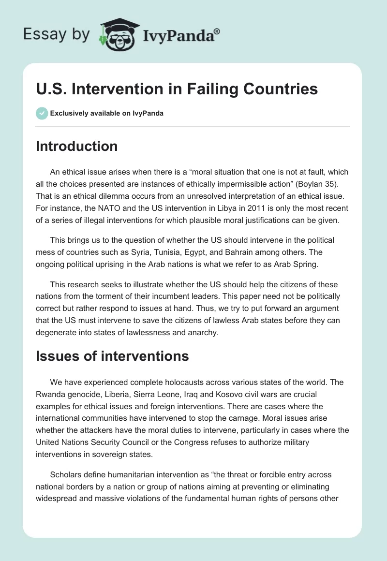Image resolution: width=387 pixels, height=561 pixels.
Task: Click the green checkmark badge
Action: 42,113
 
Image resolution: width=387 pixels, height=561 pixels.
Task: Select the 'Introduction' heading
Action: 76,146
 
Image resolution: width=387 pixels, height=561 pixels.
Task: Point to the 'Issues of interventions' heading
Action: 112,356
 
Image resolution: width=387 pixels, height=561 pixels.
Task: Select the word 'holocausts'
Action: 177,382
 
